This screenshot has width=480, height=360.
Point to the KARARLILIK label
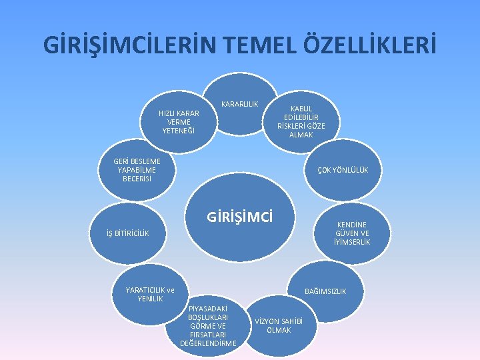tap(239, 104)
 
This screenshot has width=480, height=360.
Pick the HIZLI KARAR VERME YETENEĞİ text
tap(179, 121)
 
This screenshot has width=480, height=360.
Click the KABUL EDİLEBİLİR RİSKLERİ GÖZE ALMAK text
tap(301, 121)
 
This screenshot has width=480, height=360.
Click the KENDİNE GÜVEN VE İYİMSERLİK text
tap(352, 233)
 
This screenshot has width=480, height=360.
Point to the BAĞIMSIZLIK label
tap(325, 291)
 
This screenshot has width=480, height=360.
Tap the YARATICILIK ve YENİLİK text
tap(150, 294)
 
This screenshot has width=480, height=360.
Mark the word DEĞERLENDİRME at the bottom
tap(208, 343)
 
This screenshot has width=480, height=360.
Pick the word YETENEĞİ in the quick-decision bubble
tap(179, 131)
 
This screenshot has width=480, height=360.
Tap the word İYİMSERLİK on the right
tap(352, 242)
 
